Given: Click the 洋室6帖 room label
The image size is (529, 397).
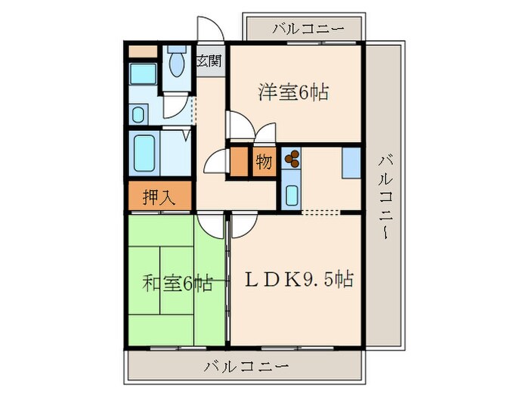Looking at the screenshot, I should pos(292,94).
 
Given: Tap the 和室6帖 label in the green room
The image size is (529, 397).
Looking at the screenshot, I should pos(177,284).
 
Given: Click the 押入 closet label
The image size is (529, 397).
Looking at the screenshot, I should pos(159,197).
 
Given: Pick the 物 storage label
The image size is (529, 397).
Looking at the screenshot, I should pos(264,163).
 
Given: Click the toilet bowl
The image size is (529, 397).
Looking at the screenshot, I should pos(178,64).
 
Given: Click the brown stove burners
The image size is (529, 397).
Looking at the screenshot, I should pos(292,159).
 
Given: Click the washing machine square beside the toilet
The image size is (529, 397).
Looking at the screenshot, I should pos(142,76).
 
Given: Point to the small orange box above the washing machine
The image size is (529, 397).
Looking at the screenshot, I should pos(141,51).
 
